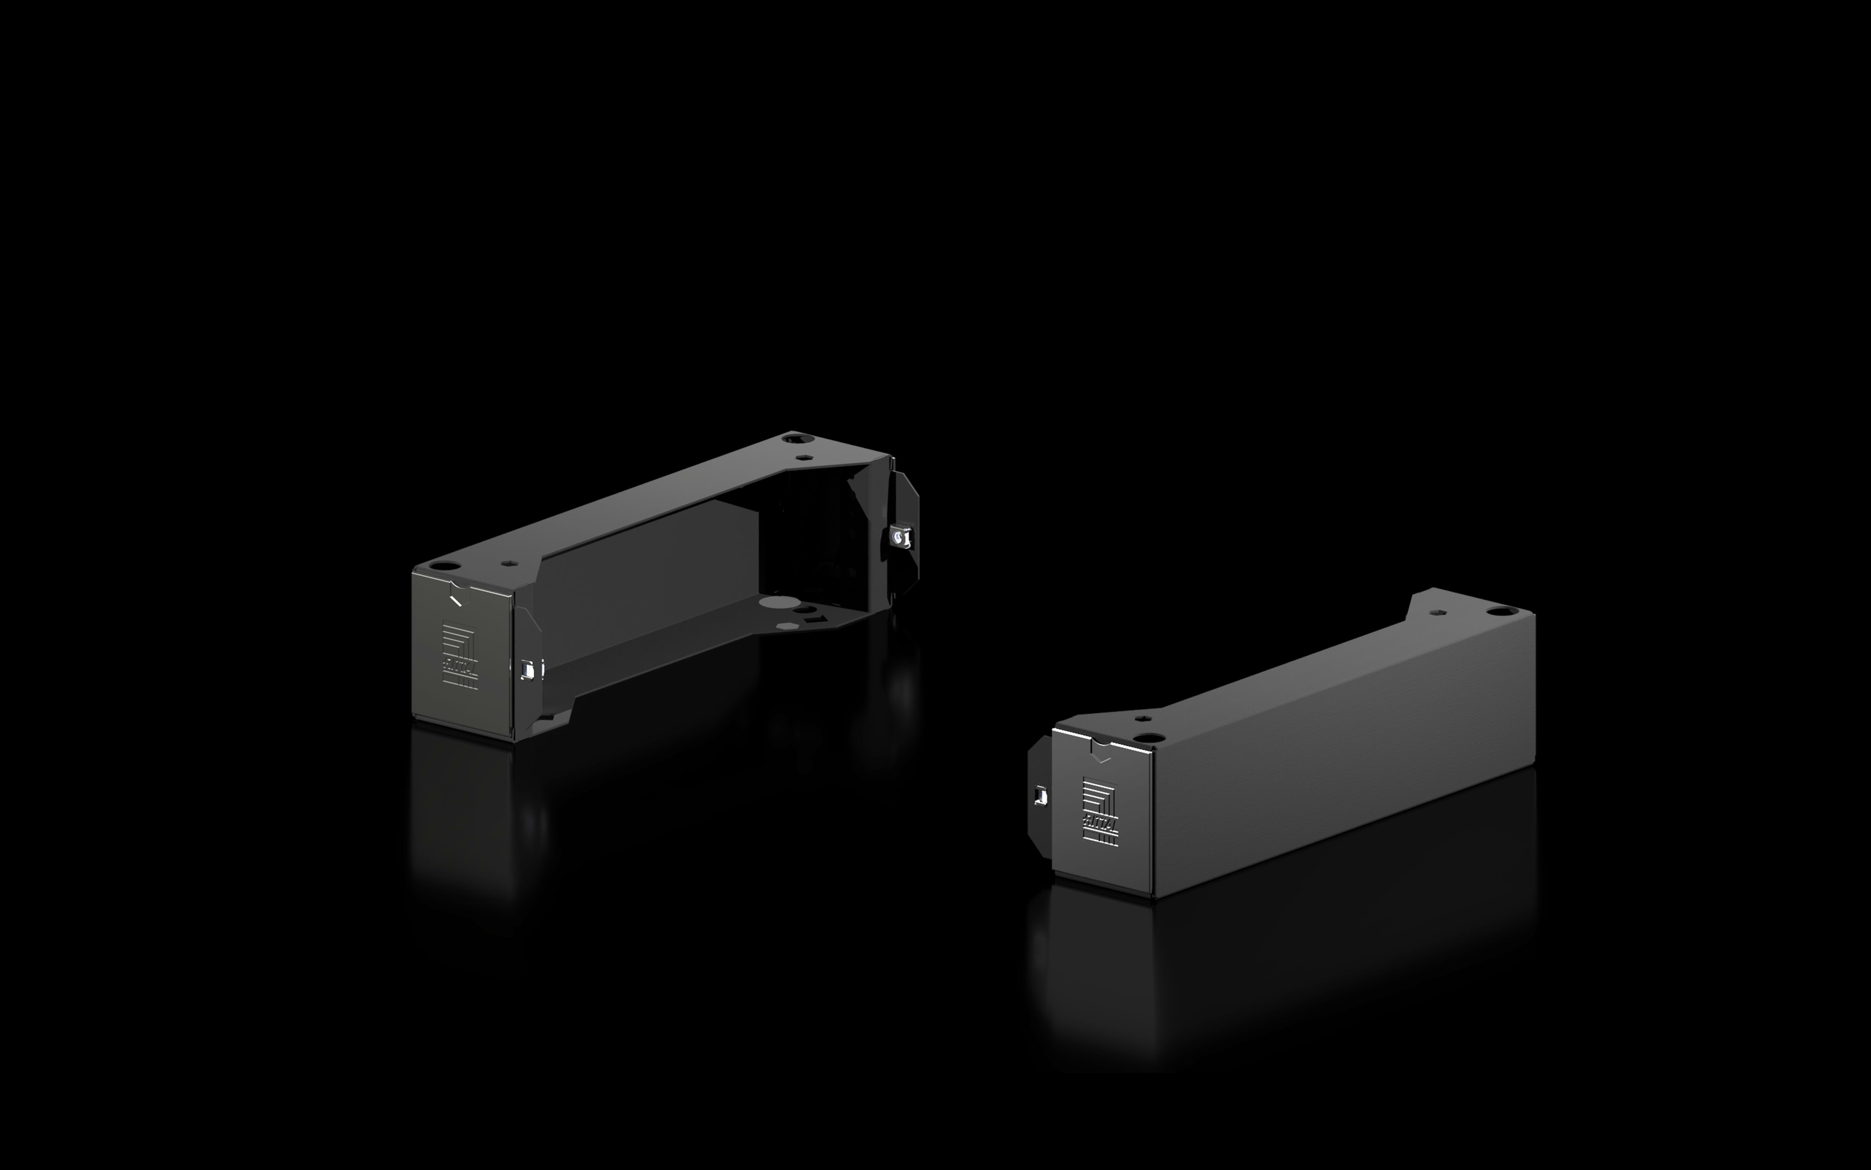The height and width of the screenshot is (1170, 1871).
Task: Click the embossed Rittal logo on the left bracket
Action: coord(460,656)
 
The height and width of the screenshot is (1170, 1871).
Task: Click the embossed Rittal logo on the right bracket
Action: coord(1099,812)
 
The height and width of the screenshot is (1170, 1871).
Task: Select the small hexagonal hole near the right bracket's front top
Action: coord(1144,720)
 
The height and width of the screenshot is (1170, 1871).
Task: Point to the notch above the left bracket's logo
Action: coord(456,598)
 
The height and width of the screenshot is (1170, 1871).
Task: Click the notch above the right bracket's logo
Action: coord(1101,749)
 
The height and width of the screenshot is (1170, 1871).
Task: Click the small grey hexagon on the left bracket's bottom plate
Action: coord(787,626)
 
